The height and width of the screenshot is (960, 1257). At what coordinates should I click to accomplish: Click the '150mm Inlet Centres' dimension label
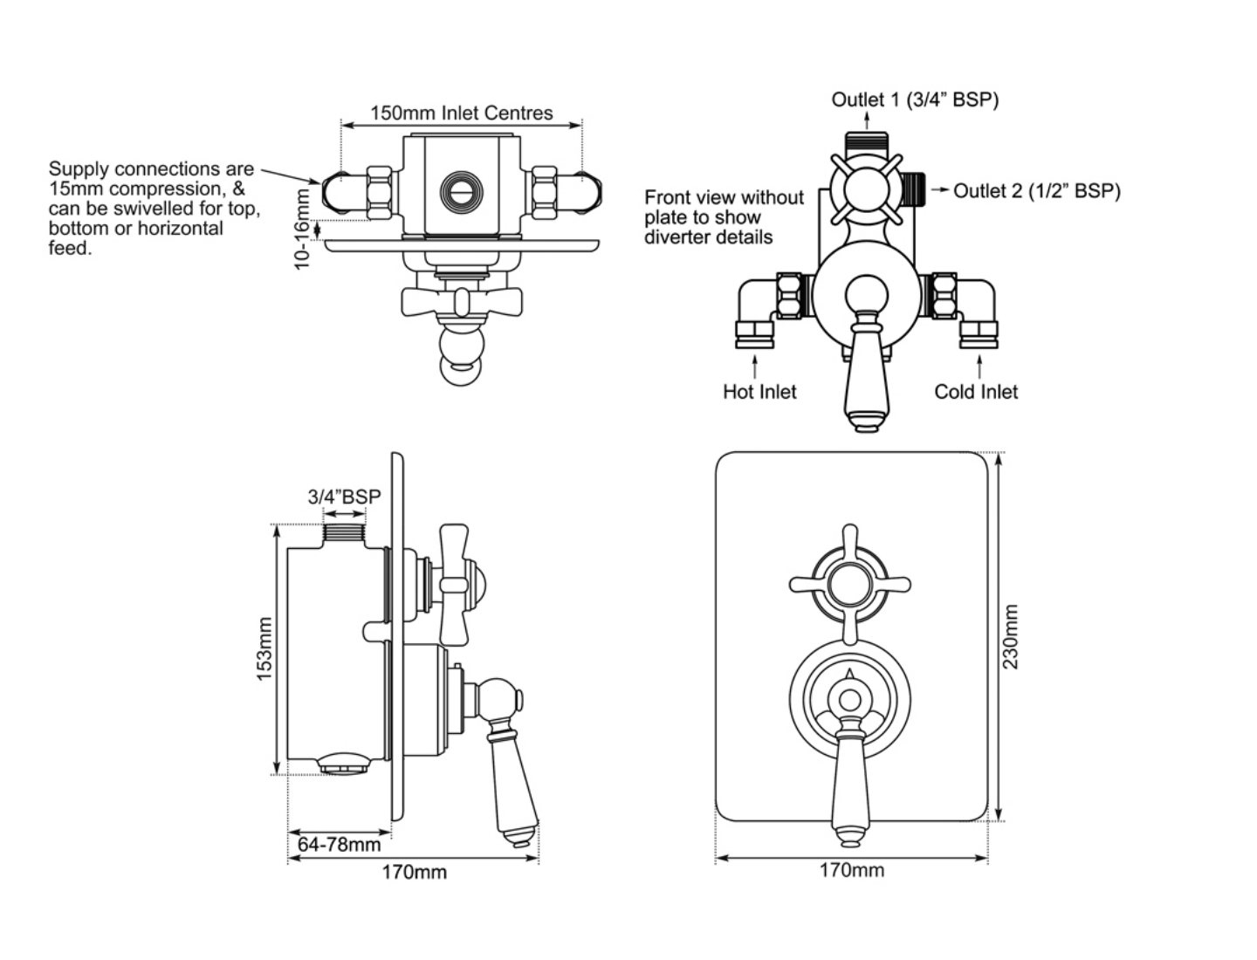click(x=461, y=113)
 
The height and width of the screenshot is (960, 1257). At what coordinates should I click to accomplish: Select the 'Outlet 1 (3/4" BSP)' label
click(x=914, y=99)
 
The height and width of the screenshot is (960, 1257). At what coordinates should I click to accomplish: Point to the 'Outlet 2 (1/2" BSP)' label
click(x=1036, y=190)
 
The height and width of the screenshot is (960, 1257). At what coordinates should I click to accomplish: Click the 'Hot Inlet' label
click(x=759, y=392)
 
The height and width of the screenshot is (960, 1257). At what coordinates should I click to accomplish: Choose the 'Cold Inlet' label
click(x=976, y=392)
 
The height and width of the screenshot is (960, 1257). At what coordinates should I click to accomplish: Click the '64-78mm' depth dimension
click(x=340, y=844)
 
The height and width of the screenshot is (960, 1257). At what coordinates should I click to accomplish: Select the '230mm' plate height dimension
click(x=1010, y=636)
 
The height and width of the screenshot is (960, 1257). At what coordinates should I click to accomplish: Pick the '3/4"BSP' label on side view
click(x=344, y=497)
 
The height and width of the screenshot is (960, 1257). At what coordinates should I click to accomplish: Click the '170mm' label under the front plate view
click(x=851, y=870)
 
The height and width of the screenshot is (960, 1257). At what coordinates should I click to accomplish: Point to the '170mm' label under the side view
click(x=414, y=872)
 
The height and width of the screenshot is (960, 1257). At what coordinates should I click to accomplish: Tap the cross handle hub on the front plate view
click(x=849, y=584)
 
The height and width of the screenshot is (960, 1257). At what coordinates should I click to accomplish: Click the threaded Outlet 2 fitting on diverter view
click(x=913, y=189)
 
